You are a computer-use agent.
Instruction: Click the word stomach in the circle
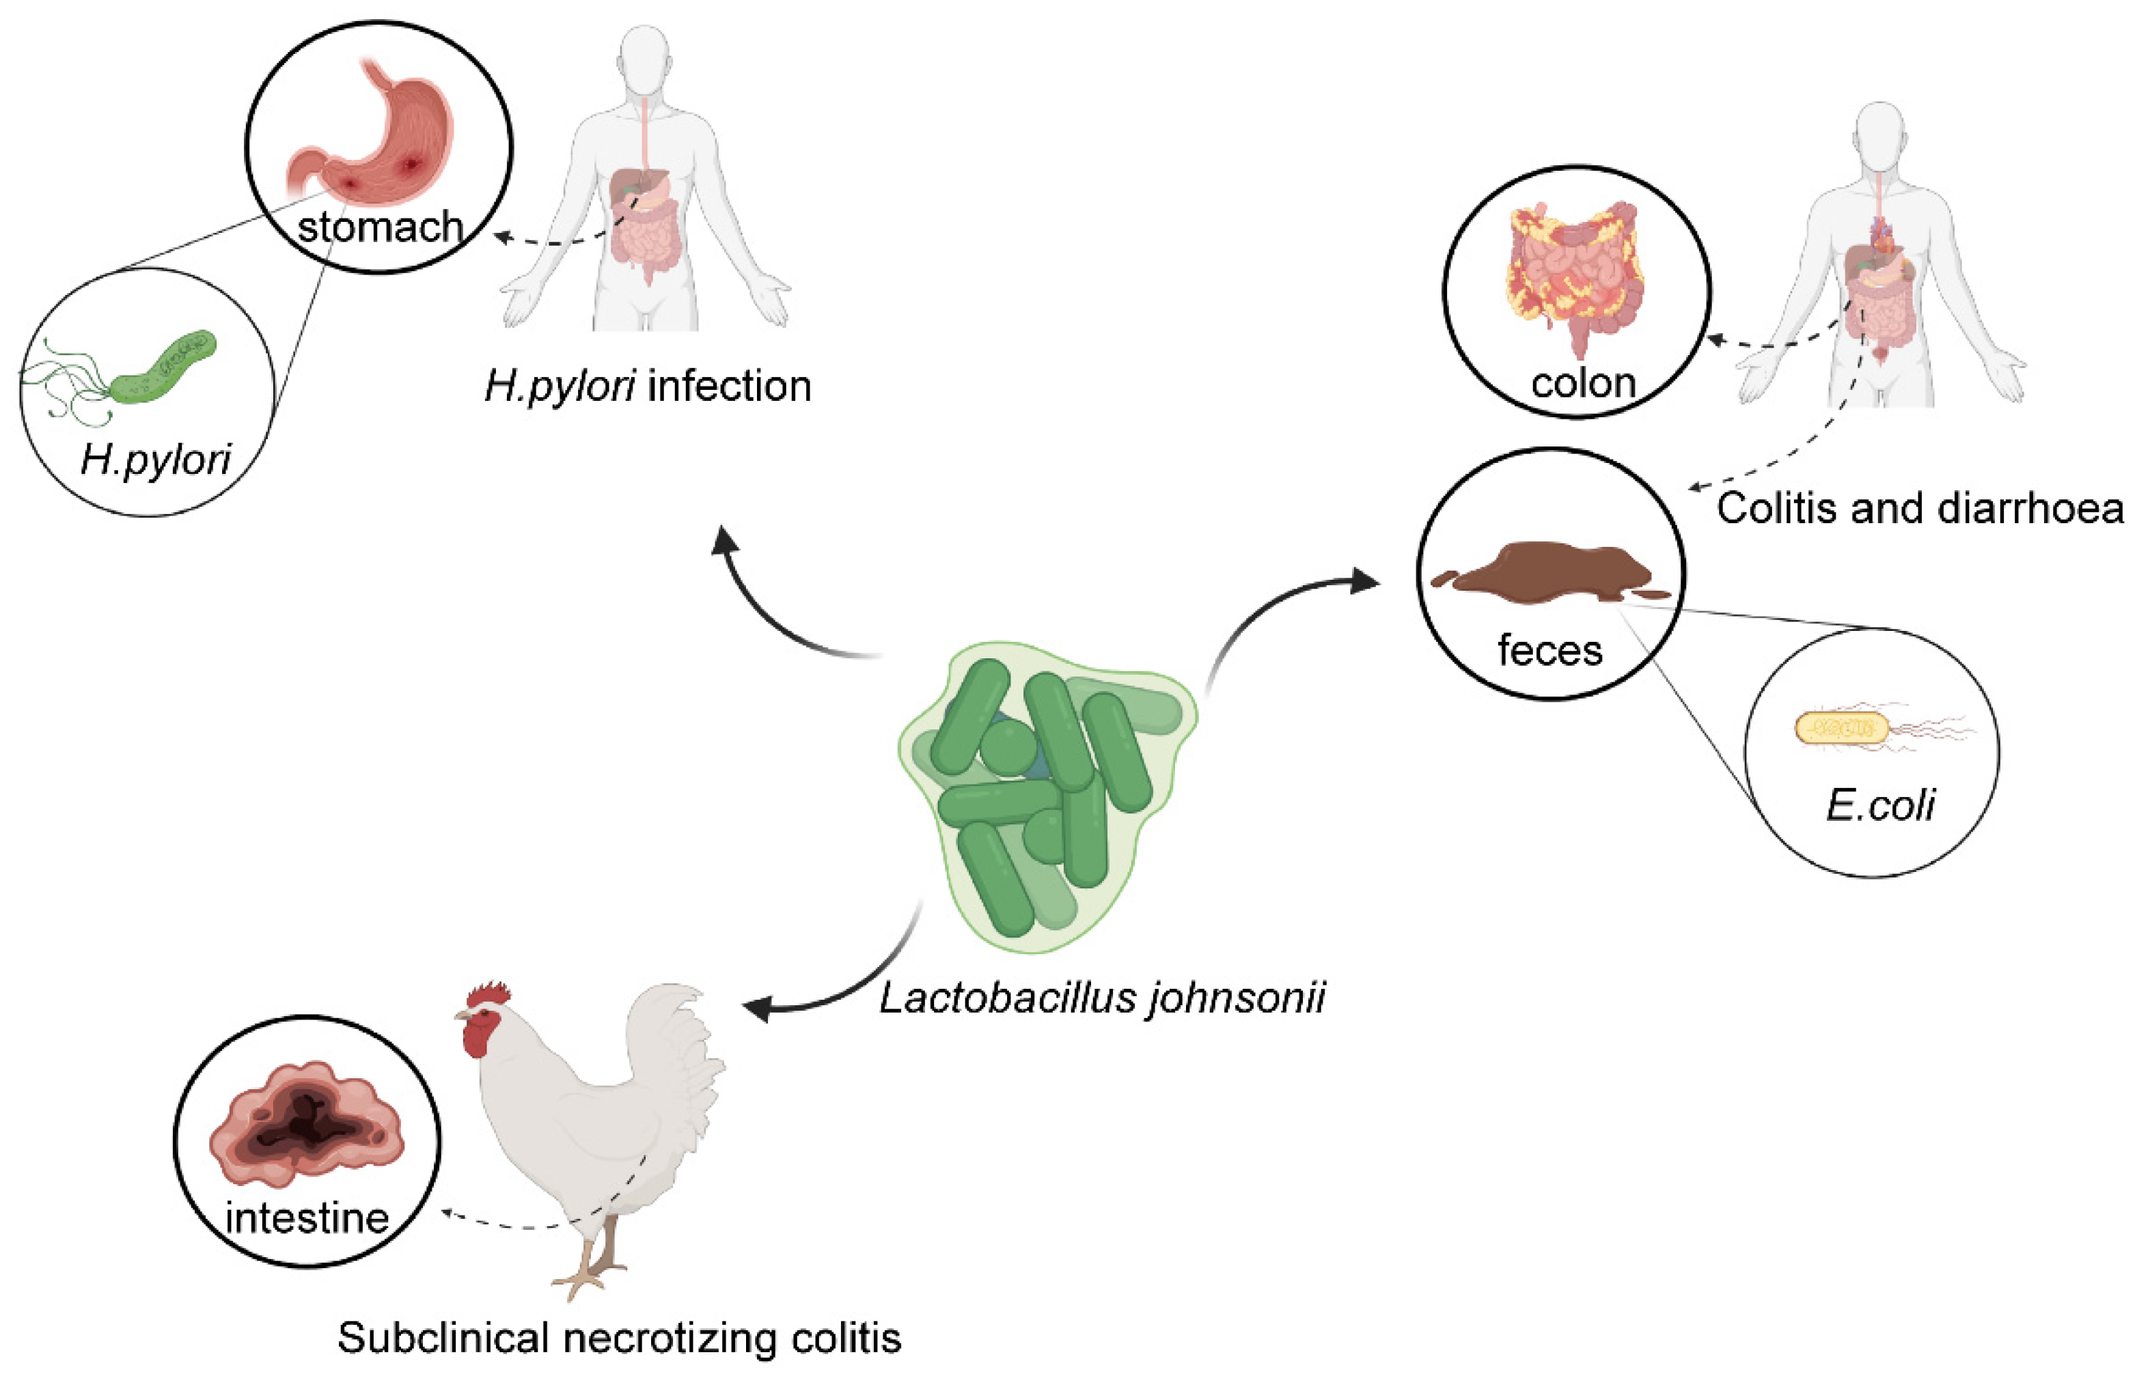[x=380, y=228]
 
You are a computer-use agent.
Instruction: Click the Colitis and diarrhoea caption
[x=1920, y=509]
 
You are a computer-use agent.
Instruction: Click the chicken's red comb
[x=488, y=994]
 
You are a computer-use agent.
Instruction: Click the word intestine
[x=307, y=1218]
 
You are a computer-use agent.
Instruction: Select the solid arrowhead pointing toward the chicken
[x=758, y=1009]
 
